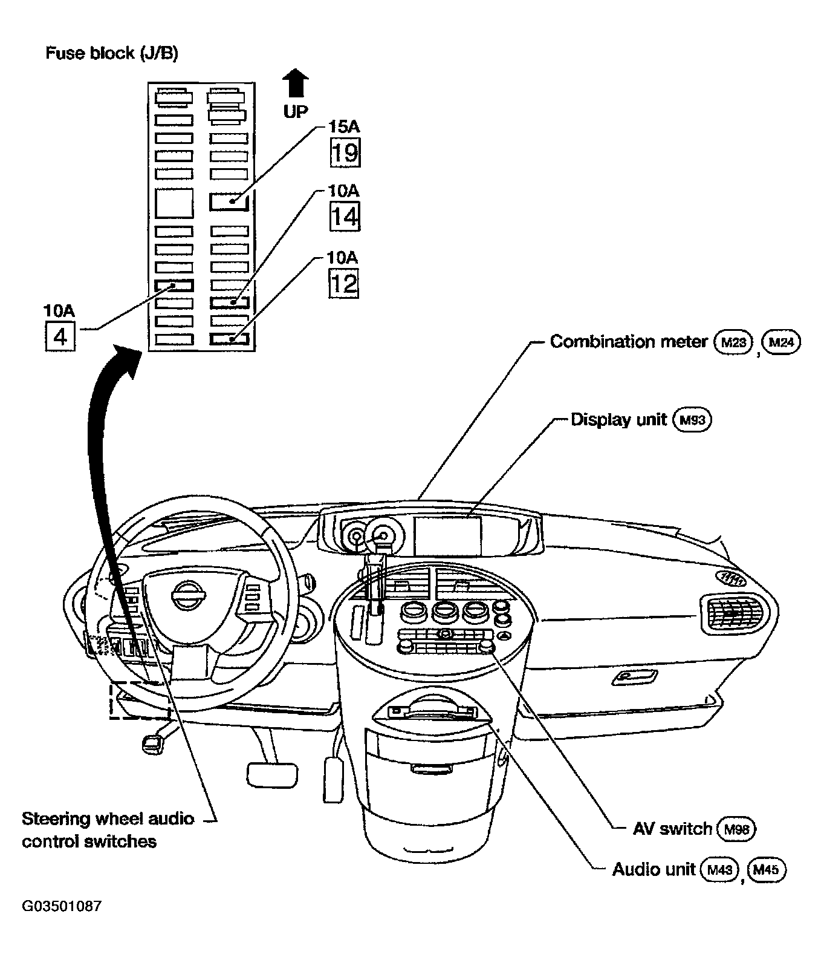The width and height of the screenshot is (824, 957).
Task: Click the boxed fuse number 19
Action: pyautogui.click(x=345, y=152)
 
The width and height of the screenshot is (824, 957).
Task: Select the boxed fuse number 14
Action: pyautogui.click(x=345, y=217)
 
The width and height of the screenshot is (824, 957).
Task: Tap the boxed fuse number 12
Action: pyautogui.click(x=343, y=283)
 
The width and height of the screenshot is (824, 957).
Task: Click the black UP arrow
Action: pyautogui.click(x=295, y=83)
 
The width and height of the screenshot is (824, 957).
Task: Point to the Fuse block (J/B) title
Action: pyautogui.click(x=112, y=53)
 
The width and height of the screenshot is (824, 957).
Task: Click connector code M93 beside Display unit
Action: pyautogui.click(x=692, y=420)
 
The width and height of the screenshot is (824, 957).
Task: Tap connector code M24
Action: pyautogui.click(x=782, y=342)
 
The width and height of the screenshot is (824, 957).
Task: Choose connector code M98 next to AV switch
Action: pyautogui.click(x=736, y=829)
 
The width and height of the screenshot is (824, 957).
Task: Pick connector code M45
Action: pyautogui.click(x=767, y=870)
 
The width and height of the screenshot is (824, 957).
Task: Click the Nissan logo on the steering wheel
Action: pyautogui.click(x=186, y=591)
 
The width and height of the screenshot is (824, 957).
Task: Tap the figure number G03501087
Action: pyautogui.click(x=62, y=906)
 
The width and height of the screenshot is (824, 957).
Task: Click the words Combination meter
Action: pyautogui.click(x=629, y=342)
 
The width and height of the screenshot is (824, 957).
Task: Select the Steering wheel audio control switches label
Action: pyautogui.click(x=108, y=830)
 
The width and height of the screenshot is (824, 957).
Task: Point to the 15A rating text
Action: pyautogui.click(x=344, y=126)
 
